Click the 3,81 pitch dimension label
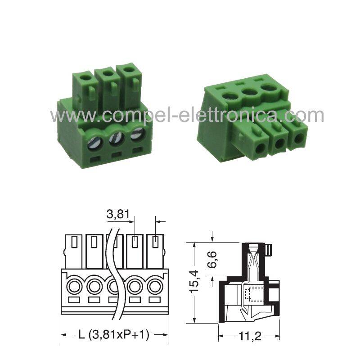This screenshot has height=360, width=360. point(118,214)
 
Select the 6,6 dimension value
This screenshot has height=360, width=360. point(211,260)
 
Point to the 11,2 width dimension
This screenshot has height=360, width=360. point(250,336)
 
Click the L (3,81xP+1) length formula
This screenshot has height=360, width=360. point(114,334)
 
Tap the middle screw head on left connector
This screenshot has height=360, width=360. point(117,139)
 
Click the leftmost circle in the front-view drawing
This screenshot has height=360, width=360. point(74,287)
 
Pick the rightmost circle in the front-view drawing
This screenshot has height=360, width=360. point(155,287)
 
